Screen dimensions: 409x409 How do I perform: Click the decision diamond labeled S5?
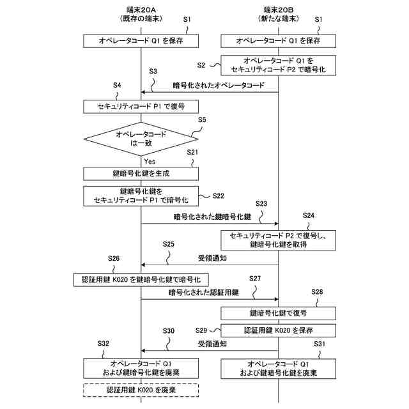141,139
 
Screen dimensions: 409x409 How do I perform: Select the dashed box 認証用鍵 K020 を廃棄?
141,389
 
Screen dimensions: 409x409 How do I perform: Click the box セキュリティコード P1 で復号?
141,106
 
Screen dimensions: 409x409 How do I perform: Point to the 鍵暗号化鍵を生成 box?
141,173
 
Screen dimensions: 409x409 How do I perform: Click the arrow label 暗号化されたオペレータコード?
218,85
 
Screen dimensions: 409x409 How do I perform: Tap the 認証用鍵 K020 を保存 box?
279,330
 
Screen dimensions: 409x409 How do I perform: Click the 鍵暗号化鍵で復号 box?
279,313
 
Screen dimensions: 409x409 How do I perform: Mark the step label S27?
256,279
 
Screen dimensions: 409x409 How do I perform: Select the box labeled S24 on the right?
279,240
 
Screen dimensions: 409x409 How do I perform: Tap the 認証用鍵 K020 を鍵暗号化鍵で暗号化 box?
141,279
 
